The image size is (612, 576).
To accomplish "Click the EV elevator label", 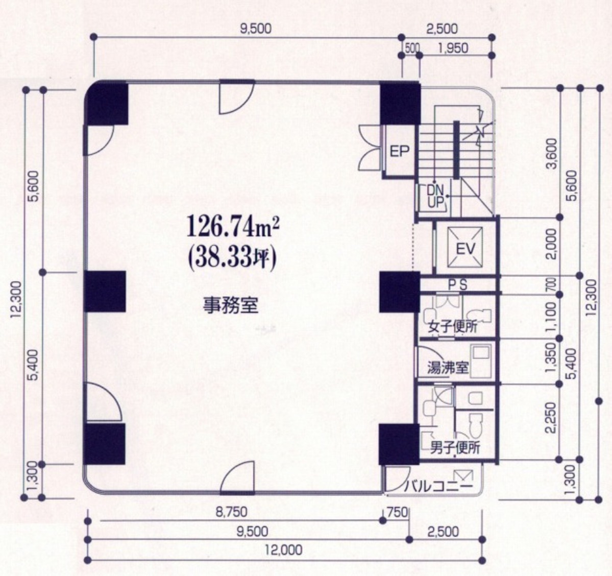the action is point(465,249).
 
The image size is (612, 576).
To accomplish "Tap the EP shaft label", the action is point(399,152).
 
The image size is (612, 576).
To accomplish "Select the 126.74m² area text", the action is point(233,227).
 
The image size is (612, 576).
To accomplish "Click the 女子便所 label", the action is point(453,327).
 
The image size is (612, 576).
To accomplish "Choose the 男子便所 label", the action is point(455,448).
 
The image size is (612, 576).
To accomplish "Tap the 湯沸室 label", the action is point(447,368).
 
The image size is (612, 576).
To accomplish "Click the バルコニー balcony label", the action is point(438,486).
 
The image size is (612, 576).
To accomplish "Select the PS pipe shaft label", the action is point(457,285).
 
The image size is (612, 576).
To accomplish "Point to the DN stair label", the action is point(435,190).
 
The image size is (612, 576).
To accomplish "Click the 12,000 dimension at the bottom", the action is point(284,550).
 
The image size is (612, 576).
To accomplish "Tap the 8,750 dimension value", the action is point(231,512).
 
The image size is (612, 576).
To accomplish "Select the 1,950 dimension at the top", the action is point(453,48).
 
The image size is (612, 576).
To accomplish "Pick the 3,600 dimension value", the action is point(551,153).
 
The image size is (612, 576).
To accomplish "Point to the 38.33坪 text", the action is point(232,257).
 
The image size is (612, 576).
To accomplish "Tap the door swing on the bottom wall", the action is point(238,478).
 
